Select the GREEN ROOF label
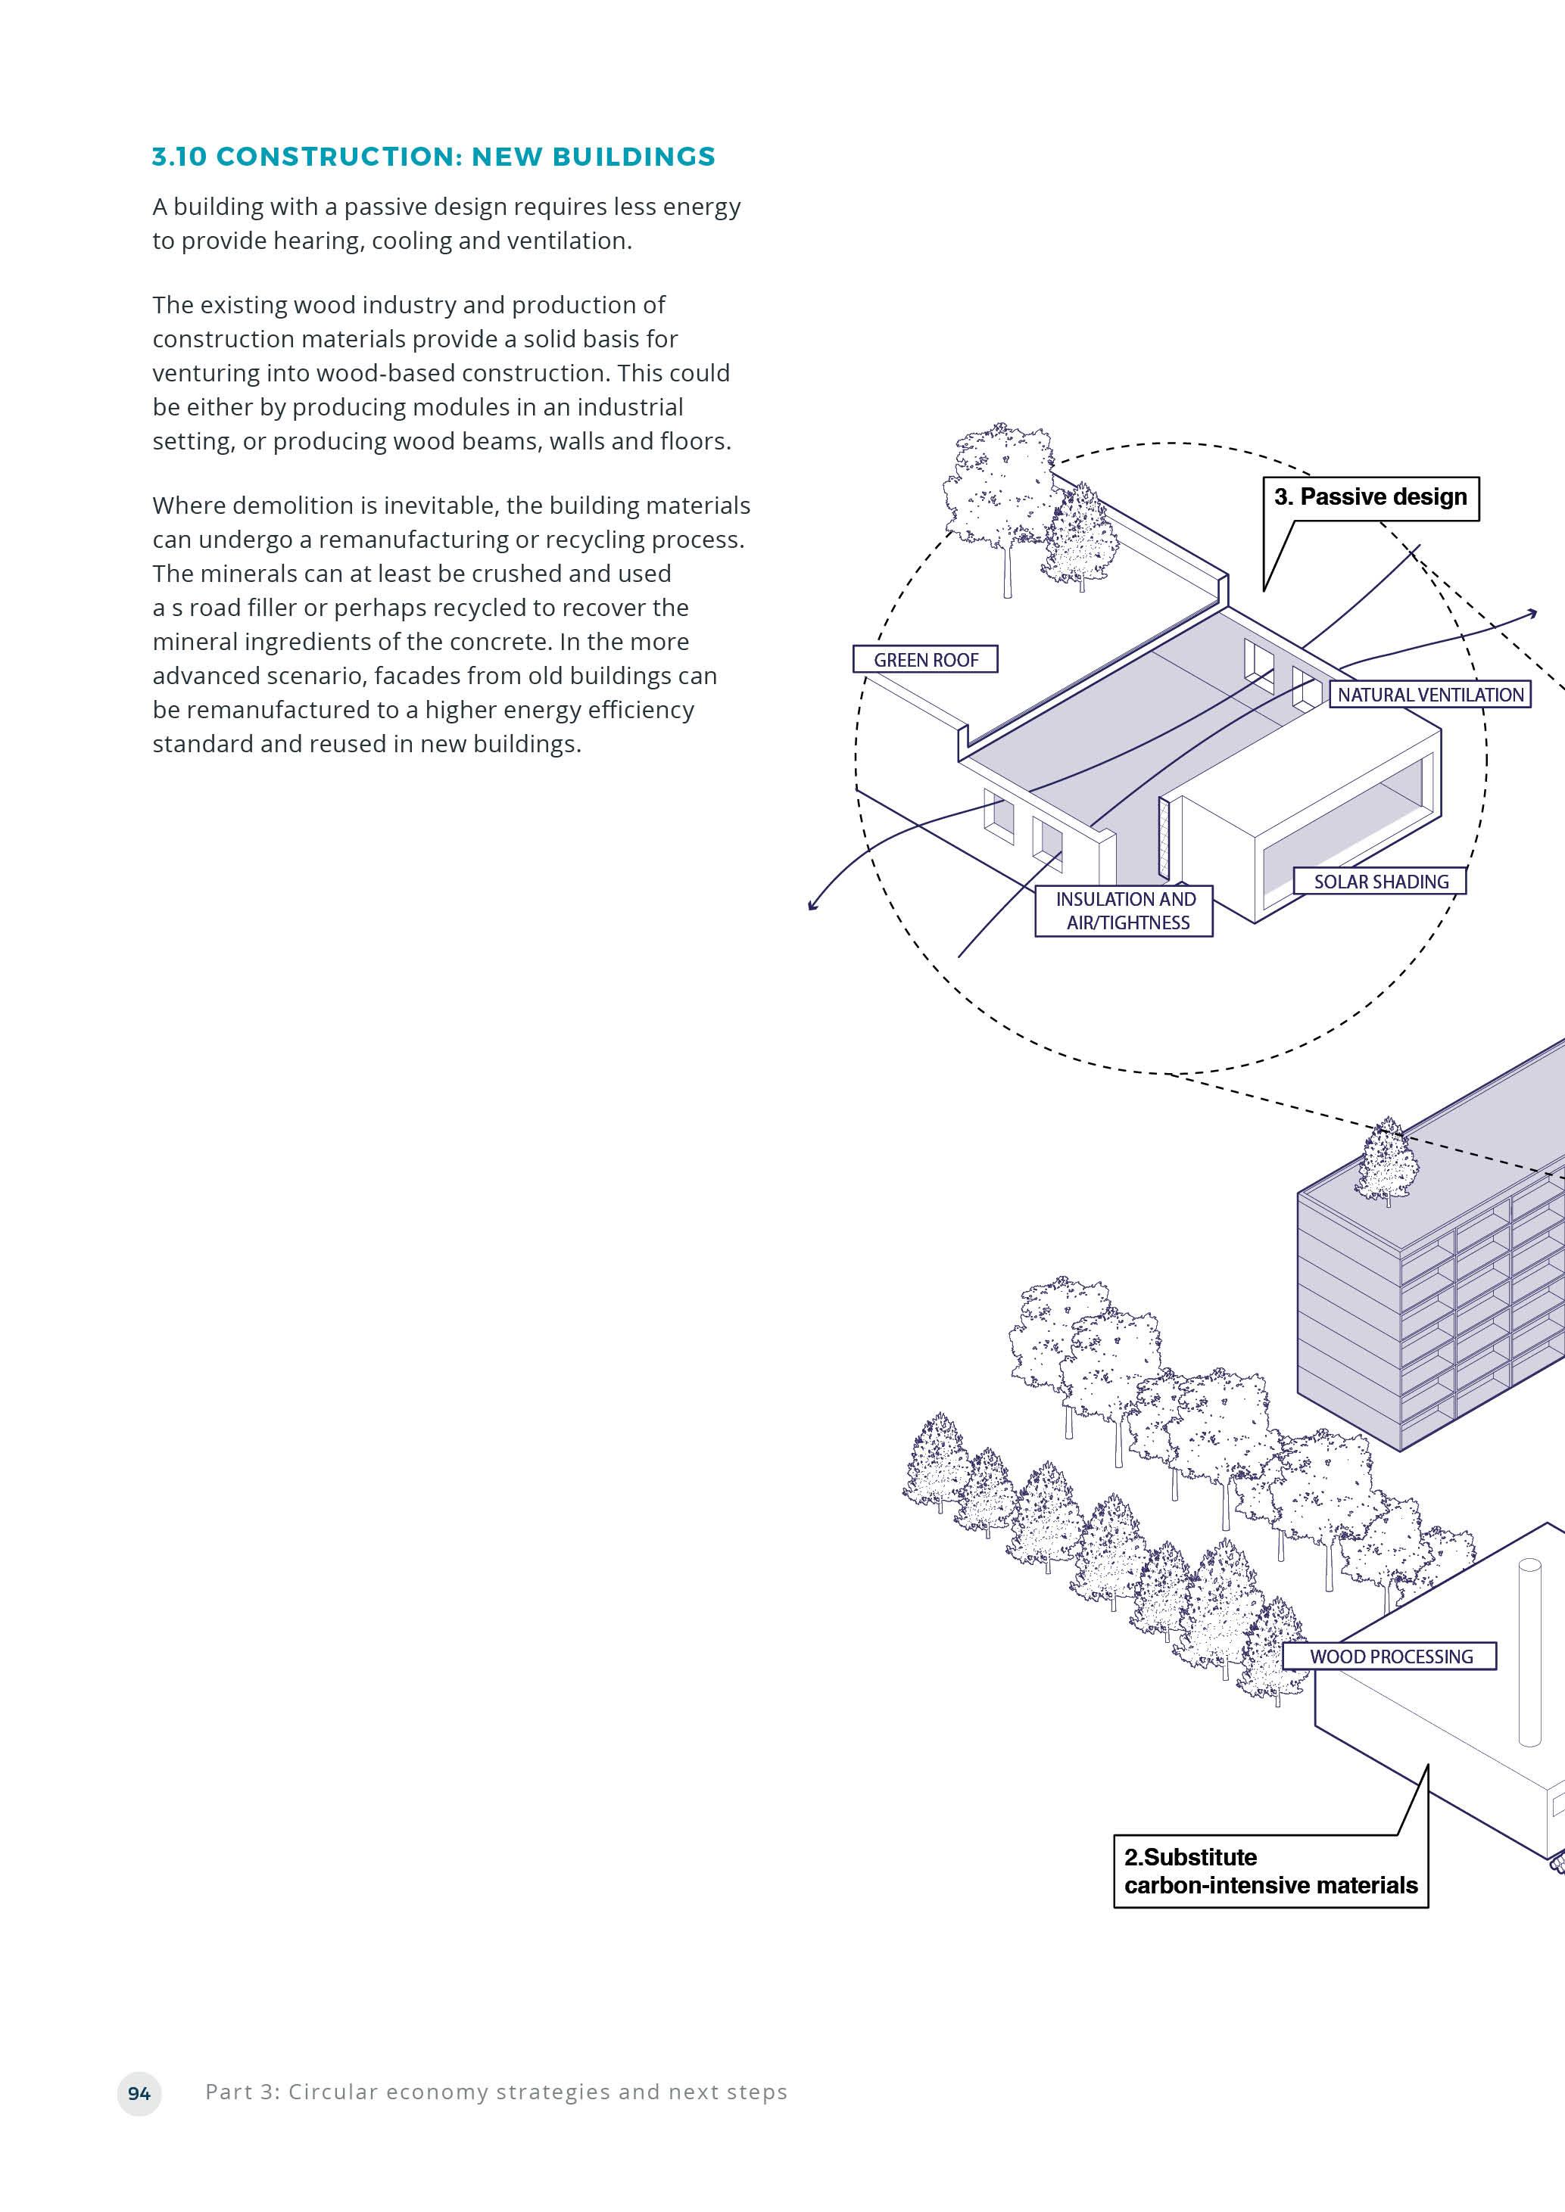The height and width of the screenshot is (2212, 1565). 925,660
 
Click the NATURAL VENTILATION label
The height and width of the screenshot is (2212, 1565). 1430,695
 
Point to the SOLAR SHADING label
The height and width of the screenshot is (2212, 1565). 1380,882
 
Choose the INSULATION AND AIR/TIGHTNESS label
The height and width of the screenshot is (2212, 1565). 1124,910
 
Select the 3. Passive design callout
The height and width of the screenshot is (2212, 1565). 1370,497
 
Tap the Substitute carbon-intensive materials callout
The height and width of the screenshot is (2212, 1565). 1270,1871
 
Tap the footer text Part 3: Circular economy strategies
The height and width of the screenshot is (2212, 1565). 496,2092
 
